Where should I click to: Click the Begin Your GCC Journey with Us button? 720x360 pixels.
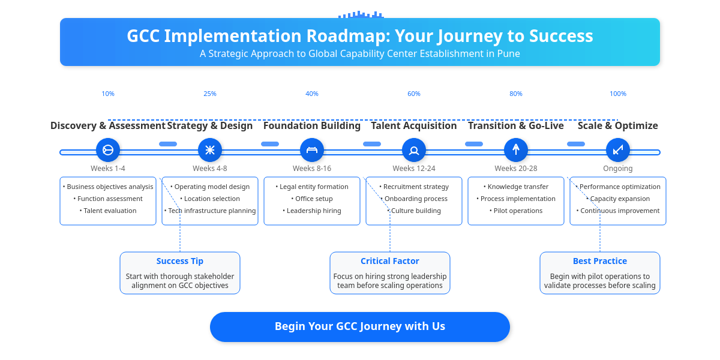[360, 326]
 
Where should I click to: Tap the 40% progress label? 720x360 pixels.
[312, 94]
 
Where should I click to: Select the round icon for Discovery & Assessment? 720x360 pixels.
[108, 150]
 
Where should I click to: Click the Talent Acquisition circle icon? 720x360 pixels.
[414, 150]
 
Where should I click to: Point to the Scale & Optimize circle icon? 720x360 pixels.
[618, 150]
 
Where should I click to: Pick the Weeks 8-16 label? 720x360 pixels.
[312, 169]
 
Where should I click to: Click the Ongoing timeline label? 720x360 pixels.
[618, 169]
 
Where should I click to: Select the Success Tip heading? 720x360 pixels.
[180, 261]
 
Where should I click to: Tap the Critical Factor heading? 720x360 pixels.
[390, 261]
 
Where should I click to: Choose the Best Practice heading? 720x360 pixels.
[600, 261]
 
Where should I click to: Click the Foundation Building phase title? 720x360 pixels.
[312, 125]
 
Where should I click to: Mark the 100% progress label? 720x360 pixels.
[618, 94]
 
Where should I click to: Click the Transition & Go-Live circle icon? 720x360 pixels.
[516, 150]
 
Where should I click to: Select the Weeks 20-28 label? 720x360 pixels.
[516, 169]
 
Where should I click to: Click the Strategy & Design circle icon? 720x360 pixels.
[210, 150]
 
